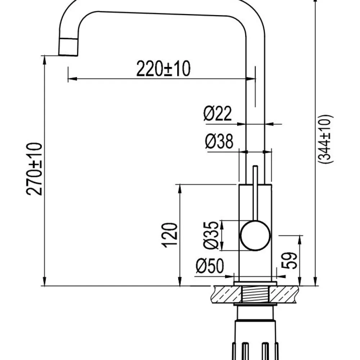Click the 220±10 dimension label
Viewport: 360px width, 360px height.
163,68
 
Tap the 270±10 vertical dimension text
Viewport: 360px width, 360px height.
34,169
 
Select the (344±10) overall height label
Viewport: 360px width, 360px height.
325,139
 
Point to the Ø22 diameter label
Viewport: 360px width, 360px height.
218,113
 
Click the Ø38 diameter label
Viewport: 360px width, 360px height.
219,141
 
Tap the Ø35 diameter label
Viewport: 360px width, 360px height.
211,235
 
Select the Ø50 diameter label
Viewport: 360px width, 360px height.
210,266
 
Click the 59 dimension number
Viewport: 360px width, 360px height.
289,260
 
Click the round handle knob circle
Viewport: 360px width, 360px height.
255,235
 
